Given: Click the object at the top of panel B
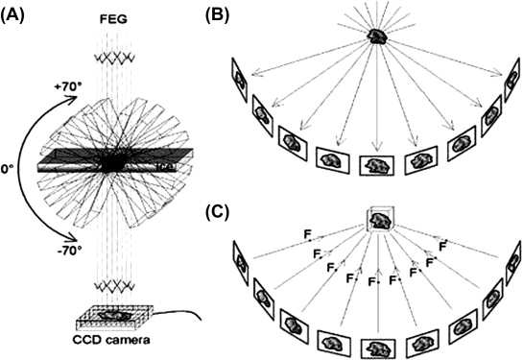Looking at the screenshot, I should [x=378, y=36].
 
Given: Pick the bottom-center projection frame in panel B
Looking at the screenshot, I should [x=376, y=163].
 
